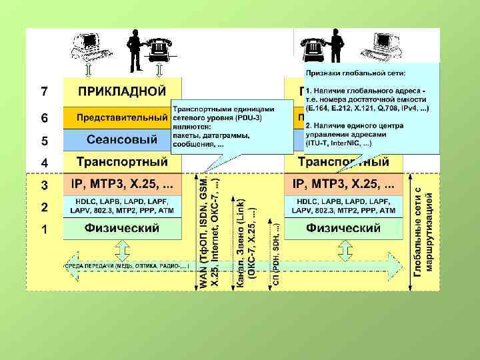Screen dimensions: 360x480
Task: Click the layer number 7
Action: (44, 90)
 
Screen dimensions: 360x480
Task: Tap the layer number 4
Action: (44, 163)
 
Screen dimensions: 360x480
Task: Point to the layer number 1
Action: (44, 230)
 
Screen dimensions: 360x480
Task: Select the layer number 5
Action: (44, 141)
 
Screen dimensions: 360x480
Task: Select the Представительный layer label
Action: (117, 117)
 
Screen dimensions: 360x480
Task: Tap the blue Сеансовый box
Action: (121, 140)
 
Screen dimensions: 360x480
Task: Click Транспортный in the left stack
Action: (121, 162)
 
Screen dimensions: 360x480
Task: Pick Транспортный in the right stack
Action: (343, 162)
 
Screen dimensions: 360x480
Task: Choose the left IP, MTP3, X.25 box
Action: (121, 183)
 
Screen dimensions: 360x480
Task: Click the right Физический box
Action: (343, 229)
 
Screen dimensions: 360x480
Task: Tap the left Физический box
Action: (121, 229)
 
